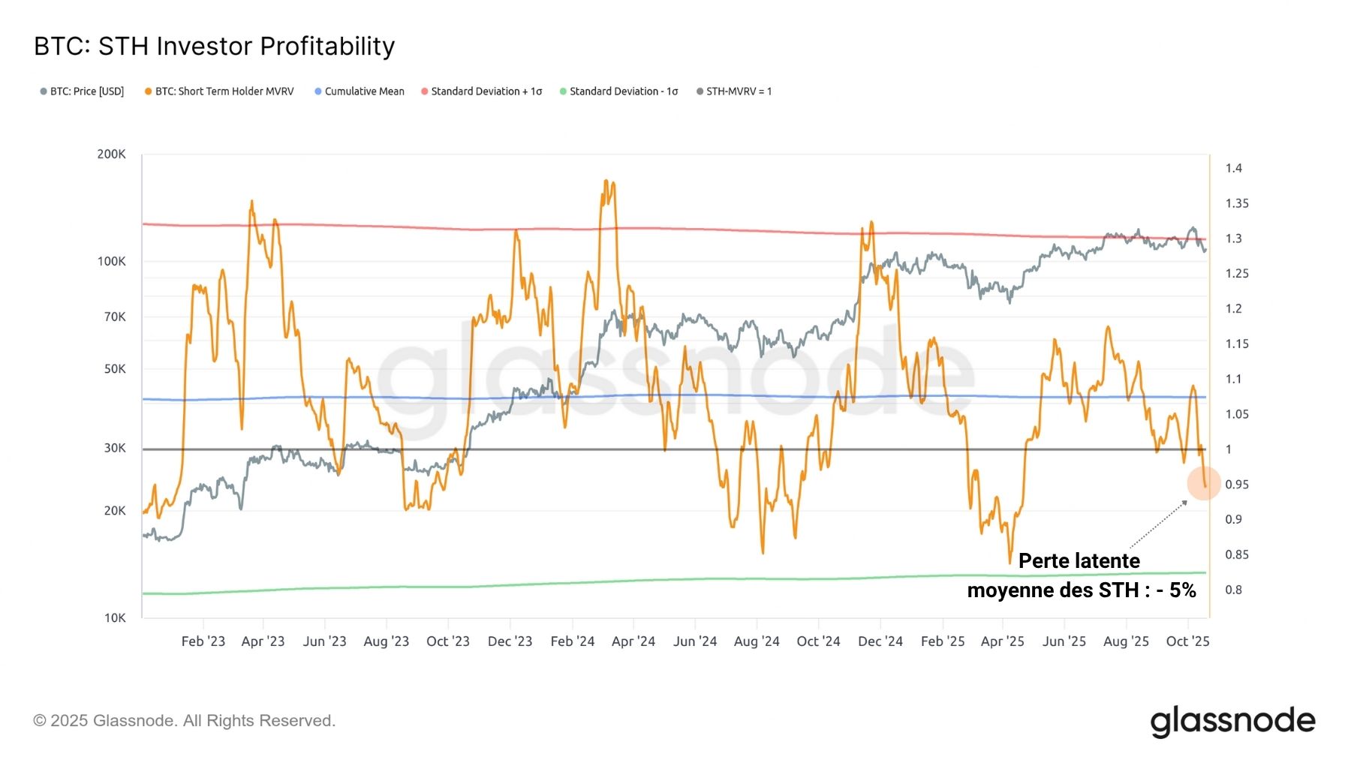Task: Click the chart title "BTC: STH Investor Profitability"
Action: (x=214, y=47)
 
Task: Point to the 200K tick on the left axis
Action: (x=111, y=154)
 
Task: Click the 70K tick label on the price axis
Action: (x=114, y=317)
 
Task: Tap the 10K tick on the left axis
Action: (x=114, y=617)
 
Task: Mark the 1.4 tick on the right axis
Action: (x=1233, y=168)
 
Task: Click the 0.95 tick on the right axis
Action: (x=1236, y=485)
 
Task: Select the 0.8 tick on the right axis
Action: (x=1233, y=590)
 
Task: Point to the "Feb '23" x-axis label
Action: (x=203, y=641)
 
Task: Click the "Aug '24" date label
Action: (x=757, y=641)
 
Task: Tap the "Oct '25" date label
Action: (x=1187, y=641)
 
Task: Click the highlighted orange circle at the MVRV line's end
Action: (x=1204, y=484)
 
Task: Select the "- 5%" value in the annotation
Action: (x=1176, y=590)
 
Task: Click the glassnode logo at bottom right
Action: (x=1232, y=721)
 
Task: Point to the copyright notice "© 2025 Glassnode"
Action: (x=184, y=721)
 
